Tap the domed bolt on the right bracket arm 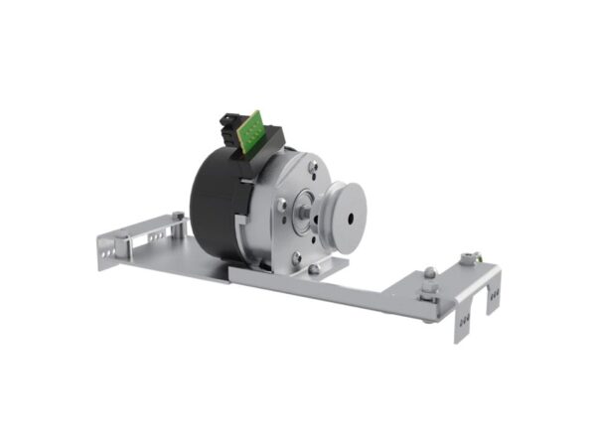click(x=429, y=274)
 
